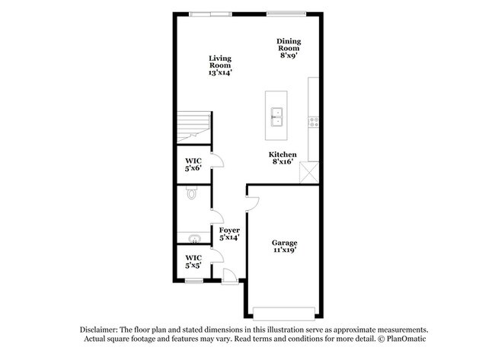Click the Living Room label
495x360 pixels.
(220, 65)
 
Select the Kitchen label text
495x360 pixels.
(283, 158)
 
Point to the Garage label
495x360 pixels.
(285, 247)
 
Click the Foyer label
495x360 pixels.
(229, 234)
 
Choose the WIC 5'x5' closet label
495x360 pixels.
(193, 262)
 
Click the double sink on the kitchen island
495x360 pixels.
(277, 116)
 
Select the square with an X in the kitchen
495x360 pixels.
(308, 172)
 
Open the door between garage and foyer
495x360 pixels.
(252, 202)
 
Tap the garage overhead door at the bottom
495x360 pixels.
(284, 313)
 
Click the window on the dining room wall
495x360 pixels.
(286, 13)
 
